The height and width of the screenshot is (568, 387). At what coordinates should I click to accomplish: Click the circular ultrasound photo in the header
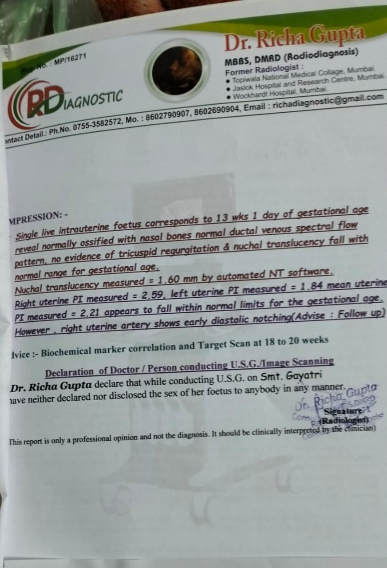click(177, 69)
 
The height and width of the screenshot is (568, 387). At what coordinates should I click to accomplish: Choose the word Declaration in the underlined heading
click(69, 372)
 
